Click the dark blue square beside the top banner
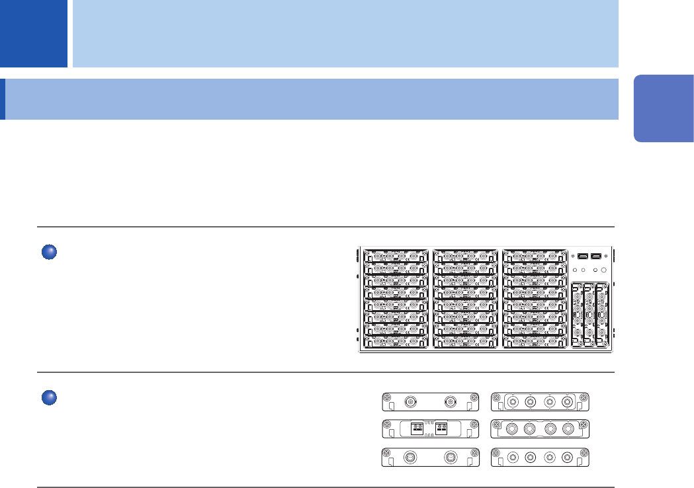33,33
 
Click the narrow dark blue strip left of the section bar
3,100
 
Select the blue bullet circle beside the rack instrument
48,252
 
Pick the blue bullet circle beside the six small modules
48,398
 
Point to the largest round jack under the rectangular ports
603,269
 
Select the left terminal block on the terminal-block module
417,428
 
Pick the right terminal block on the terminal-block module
441,428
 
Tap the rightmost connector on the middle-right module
567,428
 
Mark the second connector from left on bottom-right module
531,456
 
